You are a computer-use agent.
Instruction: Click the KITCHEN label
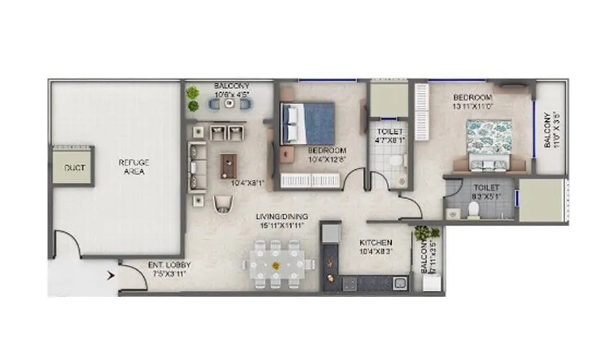pos(376,243)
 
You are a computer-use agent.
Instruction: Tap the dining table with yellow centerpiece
pos(276,266)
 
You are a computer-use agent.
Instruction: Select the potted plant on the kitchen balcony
pos(422,234)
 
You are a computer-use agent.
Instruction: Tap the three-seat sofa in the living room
pos(195,166)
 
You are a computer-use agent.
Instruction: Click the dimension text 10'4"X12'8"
pos(327,159)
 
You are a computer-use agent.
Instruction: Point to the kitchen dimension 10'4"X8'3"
pos(376,252)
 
